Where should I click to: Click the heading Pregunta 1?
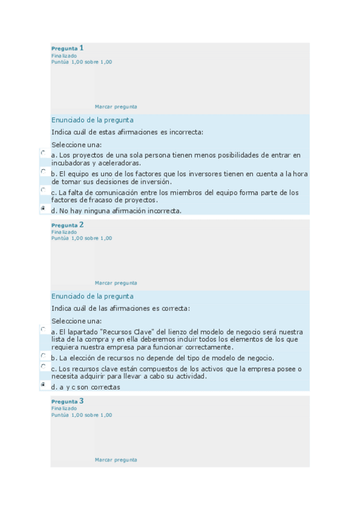tap(67, 48)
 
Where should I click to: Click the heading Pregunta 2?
tap(67, 225)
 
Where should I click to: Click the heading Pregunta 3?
tap(67, 401)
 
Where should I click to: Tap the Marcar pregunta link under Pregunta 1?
tap(116, 106)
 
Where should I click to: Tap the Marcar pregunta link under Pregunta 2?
tap(116, 283)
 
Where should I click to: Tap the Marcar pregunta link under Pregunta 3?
tap(116, 459)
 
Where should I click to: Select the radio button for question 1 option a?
tap(43, 153)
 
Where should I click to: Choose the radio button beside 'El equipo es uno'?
tap(43, 171)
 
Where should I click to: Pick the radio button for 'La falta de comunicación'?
tap(43, 190)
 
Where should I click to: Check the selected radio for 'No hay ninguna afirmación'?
tap(43, 208)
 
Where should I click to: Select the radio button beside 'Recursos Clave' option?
tap(43, 330)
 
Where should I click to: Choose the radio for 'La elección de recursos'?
tap(43, 355)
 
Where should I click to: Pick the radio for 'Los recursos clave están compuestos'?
tap(43, 366)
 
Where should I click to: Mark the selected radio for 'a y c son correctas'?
tap(43, 384)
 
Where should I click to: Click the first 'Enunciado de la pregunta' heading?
tap(92, 120)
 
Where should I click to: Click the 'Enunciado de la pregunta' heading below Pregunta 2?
tap(92, 296)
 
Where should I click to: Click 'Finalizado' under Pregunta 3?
tap(64, 408)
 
